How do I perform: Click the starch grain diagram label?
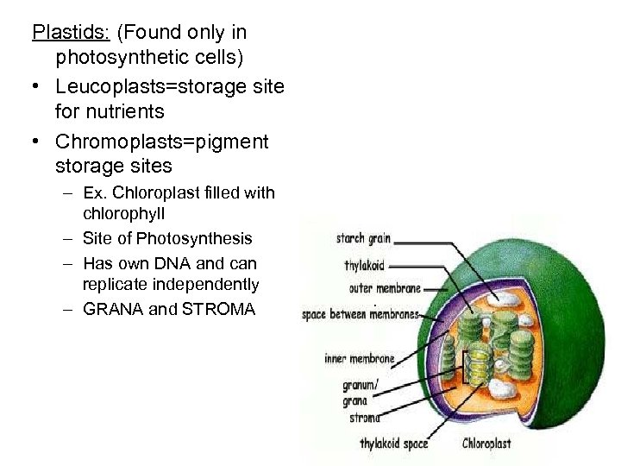click(x=363, y=239)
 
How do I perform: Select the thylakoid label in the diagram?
click(x=364, y=266)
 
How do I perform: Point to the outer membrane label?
click(x=385, y=288)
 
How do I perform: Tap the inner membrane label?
click(x=360, y=358)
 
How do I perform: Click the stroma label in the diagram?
click(x=364, y=418)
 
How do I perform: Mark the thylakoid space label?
click(x=393, y=444)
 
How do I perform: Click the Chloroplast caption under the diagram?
click(x=486, y=444)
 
